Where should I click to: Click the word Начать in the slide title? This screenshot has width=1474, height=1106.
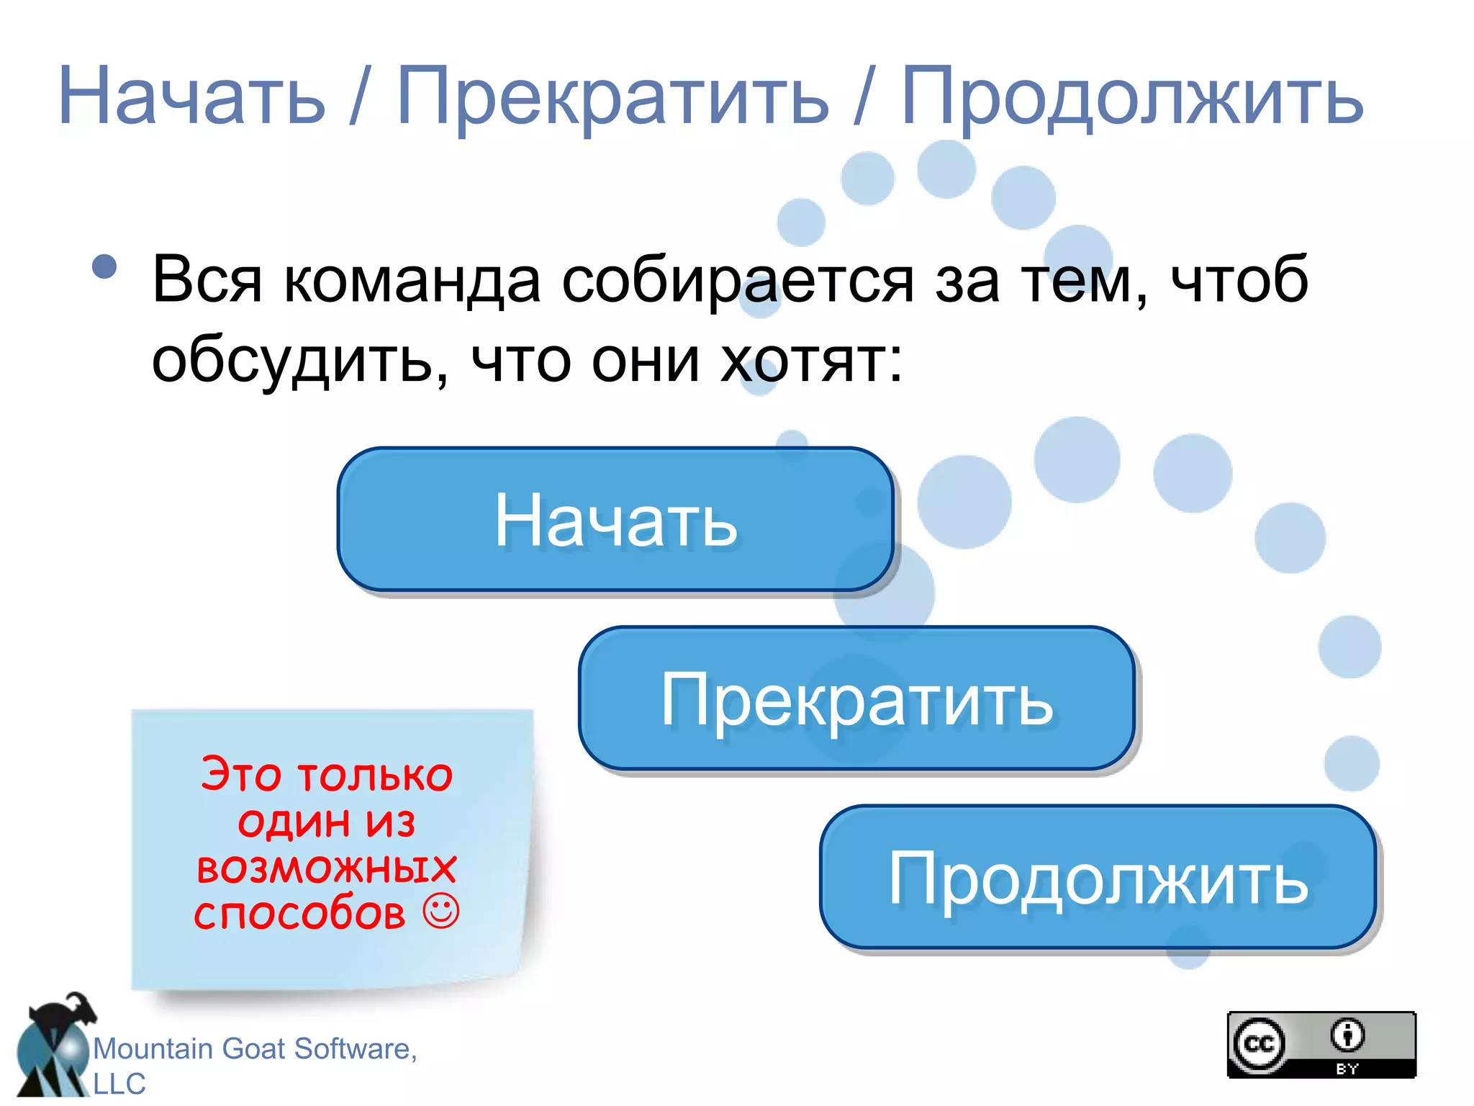191,97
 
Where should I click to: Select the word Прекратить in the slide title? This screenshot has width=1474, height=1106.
612,97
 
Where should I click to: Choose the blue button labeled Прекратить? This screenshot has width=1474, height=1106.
856,699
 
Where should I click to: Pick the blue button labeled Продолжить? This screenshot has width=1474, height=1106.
1098,878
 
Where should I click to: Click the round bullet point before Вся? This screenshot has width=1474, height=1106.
105,267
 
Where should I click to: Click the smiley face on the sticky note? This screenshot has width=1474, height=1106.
440,912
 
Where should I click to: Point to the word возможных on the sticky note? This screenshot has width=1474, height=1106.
327,867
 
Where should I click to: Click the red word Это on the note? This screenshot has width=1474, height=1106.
240,775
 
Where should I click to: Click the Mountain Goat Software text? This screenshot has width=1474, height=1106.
255,1049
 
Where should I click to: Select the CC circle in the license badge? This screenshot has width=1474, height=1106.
1259,1043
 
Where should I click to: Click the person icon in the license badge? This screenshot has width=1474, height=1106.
1347,1035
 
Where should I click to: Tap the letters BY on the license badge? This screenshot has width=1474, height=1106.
1347,1069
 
